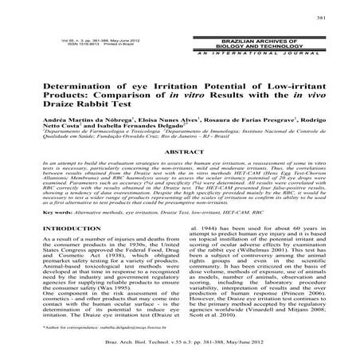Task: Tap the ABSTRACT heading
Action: pos(179,151)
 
